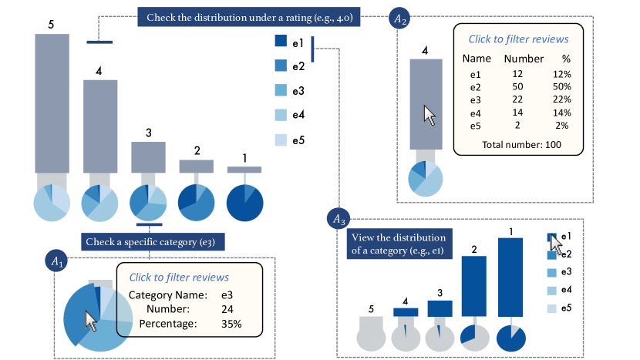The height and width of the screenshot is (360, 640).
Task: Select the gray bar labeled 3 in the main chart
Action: pyautogui.click(x=148, y=156)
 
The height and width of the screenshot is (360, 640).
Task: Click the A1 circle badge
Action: pyautogui.click(x=58, y=262)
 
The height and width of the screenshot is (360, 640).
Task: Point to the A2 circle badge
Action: pyautogui.click(x=400, y=18)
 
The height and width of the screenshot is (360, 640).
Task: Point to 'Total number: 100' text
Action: pyautogui.click(x=522, y=144)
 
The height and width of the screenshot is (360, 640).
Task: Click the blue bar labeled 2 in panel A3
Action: pyautogui.click(x=473, y=286)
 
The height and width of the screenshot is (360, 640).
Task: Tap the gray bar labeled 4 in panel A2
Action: pyautogui.click(x=425, y=104)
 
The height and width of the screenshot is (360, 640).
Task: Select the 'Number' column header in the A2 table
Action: pyautogui.click(x=524, y=59)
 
